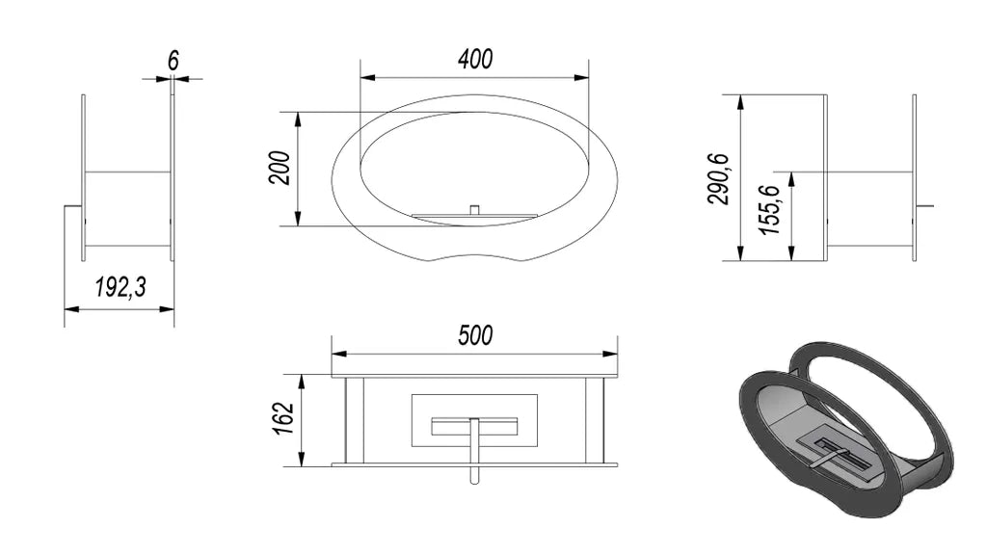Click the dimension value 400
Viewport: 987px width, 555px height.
point(474,60)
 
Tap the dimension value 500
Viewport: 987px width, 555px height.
point(475,334)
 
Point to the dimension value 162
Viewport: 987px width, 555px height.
point(280,420)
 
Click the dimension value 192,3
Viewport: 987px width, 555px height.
point(120,287)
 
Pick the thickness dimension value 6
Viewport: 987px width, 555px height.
point(173,60)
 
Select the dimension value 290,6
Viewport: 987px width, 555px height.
point(719,178)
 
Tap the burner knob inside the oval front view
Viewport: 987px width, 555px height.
point(473,209)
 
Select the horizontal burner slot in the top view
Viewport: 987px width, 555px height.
point(474,426)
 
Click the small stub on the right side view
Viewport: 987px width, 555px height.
point(925,206)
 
